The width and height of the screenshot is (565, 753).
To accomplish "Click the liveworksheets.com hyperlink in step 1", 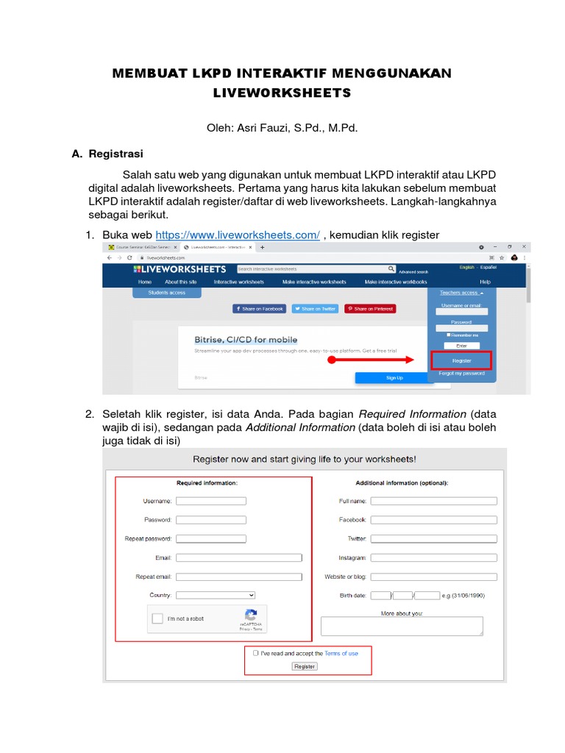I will click(x=238, y=235).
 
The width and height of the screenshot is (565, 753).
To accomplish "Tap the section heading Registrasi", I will click(x=116, y=154).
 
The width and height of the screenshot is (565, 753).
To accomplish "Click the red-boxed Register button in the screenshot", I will click(x=461, y=361).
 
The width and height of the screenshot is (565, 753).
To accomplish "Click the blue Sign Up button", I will click(x=394, y=378).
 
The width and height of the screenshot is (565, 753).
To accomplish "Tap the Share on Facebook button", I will click(x=259, y=309).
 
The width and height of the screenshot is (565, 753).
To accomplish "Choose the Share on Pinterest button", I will click(x=370, y=309).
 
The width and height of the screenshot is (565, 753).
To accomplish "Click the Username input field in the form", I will click(x=211, y=501).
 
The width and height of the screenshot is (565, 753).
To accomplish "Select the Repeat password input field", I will click(x=211, y=539).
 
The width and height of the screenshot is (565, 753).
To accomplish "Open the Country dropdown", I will click(x=216, y=595).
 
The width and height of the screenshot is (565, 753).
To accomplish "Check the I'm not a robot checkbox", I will click(x=157, y=618).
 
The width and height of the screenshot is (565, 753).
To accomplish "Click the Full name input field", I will click(x=433, y=501).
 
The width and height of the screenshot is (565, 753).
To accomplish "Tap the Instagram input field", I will click(x=433, y=558).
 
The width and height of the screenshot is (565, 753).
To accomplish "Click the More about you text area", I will click(x=402, y=626).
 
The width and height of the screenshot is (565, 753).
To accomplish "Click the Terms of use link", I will click(x=341, y=653).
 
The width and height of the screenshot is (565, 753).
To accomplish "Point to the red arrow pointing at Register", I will click(x=372, y=361).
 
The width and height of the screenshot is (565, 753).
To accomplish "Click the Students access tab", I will click(x=166, y=293).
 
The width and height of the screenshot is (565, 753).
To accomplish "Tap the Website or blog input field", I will click(x=433, y=577).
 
